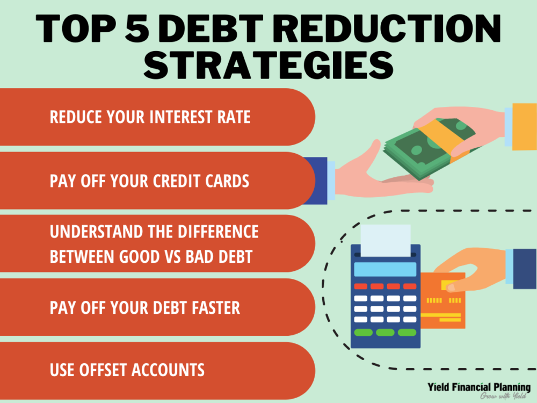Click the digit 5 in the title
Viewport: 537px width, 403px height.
pyautogui.click(x=137, y=28)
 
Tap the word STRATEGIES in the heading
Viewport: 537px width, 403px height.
pyautogui.click(x=268, y=66)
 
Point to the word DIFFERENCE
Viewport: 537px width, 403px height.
pyautogui.click(x=218, y=232)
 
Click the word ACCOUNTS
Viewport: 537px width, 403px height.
pyautogui.click(x=168, y=370)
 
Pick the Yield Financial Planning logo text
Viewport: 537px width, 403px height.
pyautogui.click(x=479, y=387)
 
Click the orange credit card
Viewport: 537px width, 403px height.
pyautogui.click(x=443, y=300)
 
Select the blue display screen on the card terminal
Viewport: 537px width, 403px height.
pyautogui.click(x=385, y=269)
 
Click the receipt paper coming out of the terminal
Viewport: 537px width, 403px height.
pyautogui.click(x=386, y=241)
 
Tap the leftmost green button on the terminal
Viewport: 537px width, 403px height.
pyautogui.click(x=363, y=333)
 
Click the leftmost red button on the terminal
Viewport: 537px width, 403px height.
pyautogui.click(x=361, y=286)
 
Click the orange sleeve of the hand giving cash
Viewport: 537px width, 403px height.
pyautogui.click(x=524, y=127)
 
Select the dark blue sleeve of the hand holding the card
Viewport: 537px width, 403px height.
pyautogui.click(x=525, y=269)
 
